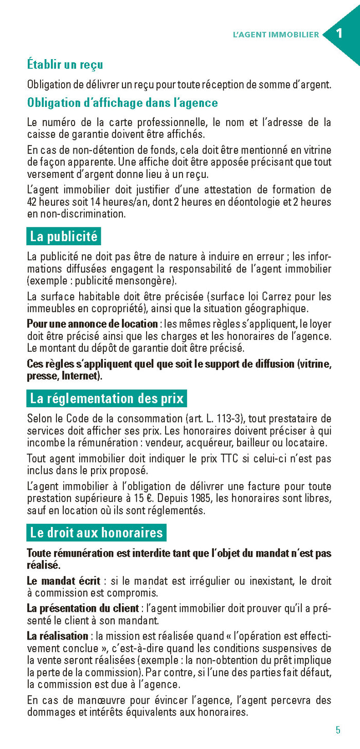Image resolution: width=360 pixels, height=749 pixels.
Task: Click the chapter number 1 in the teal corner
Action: [339, 34]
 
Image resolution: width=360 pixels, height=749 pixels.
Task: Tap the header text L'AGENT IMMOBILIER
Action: [276, 35]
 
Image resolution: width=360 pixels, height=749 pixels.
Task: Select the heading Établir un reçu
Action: [65, 64]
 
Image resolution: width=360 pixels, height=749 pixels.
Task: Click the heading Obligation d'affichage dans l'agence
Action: [122, 103]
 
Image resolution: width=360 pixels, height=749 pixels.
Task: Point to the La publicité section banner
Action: [64, 236]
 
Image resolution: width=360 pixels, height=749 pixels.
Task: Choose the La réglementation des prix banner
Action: [107, 398]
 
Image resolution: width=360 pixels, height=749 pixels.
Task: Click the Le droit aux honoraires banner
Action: [96, 533]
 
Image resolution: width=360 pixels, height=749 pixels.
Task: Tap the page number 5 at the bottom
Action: [338, 730]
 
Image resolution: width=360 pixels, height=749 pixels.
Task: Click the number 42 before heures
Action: [32, 202]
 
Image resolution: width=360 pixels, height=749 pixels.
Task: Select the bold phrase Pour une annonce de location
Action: [92, 324]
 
